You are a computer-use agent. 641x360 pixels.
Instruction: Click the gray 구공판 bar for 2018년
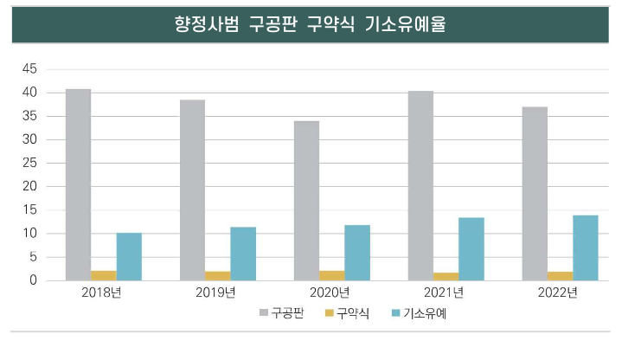point(78,184)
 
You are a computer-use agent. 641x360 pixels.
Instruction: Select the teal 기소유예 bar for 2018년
point(129,256)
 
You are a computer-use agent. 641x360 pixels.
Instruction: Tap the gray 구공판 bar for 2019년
point(192,190)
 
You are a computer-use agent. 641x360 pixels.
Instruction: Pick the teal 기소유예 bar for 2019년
point(243,254)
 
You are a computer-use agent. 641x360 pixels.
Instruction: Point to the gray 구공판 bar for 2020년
point(306,200)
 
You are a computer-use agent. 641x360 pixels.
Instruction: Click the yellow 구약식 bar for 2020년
point(332,275)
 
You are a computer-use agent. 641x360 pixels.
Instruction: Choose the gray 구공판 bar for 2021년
point(420,185)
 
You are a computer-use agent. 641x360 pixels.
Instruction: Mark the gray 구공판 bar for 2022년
point(535,193)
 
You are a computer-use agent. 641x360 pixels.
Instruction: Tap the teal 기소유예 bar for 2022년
point(586,247)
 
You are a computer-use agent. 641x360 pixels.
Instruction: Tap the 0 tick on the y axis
point(34,280)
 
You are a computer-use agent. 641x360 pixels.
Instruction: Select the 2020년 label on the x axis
point(331,292)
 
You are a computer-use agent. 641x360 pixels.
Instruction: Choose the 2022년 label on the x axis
point(560,292)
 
